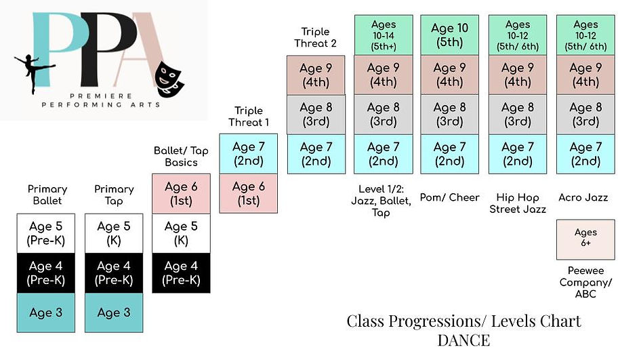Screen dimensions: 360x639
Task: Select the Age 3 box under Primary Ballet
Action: point(46,313)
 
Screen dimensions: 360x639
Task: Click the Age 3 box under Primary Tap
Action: point(114,313)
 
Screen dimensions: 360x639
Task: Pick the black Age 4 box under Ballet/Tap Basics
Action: point(181,273)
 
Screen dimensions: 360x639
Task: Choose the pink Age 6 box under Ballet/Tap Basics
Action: point(181,194)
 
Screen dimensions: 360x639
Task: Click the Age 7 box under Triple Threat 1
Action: point(249,154)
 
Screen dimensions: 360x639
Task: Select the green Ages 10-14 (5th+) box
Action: point(384,35)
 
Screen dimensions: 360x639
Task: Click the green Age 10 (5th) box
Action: point(450,35)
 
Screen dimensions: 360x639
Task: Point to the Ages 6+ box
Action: point(585,239)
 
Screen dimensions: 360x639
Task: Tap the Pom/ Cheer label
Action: point(450,197)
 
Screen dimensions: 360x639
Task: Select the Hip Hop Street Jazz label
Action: point(518,203)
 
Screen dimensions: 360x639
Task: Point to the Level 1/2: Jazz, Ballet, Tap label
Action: point(384,203)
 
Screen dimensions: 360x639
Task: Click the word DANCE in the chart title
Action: point(463,340)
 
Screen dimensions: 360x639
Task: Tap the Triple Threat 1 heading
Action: point(249,116)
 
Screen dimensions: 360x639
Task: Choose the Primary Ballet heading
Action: point(47,195)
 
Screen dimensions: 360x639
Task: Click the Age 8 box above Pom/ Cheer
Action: point(450,114)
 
